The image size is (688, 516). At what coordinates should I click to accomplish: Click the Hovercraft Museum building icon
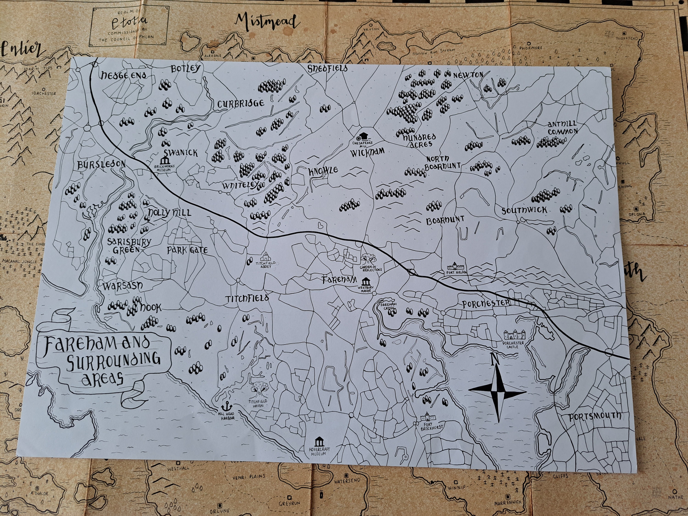click(319, 442)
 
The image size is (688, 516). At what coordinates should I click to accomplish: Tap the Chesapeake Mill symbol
click(363, 136)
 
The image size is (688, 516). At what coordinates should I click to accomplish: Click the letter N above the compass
click(494, 361)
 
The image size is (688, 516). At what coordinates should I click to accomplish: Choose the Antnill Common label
click(562, 128)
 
